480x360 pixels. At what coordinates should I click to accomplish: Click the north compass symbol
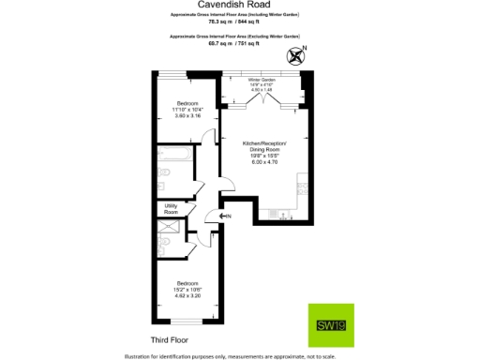coord(299,55)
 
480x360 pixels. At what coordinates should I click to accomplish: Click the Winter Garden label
coord(262,81)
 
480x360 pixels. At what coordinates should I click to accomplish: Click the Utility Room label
coord(171,209)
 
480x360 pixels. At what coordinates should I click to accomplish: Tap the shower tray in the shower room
coord(169,229)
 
